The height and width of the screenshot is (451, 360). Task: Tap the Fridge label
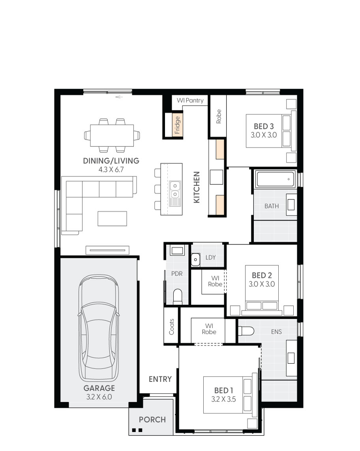178,125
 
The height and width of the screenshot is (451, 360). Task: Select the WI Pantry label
190,101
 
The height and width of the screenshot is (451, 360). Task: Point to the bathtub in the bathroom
276,180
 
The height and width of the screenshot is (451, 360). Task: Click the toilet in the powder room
178,296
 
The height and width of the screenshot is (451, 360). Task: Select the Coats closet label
172,327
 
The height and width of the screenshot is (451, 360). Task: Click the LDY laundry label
211,257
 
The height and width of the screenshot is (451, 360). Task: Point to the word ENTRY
160,379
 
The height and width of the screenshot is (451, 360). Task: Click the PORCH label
152,419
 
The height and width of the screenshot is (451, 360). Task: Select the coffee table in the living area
112,218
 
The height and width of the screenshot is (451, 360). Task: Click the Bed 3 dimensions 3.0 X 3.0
264,135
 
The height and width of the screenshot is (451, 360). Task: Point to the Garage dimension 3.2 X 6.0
99,397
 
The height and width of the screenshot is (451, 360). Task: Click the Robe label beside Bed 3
219,117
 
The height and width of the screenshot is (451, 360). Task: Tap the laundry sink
195,259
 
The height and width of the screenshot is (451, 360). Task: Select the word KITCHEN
197,187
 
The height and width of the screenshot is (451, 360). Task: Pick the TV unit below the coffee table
107,250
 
